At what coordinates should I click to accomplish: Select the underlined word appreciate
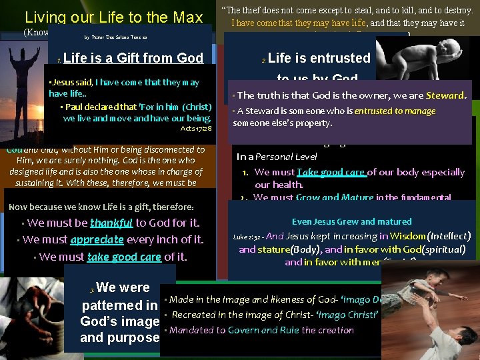[97, 239]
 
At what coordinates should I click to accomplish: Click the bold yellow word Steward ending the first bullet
[446, 95]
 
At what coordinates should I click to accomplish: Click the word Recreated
[194, 314]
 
